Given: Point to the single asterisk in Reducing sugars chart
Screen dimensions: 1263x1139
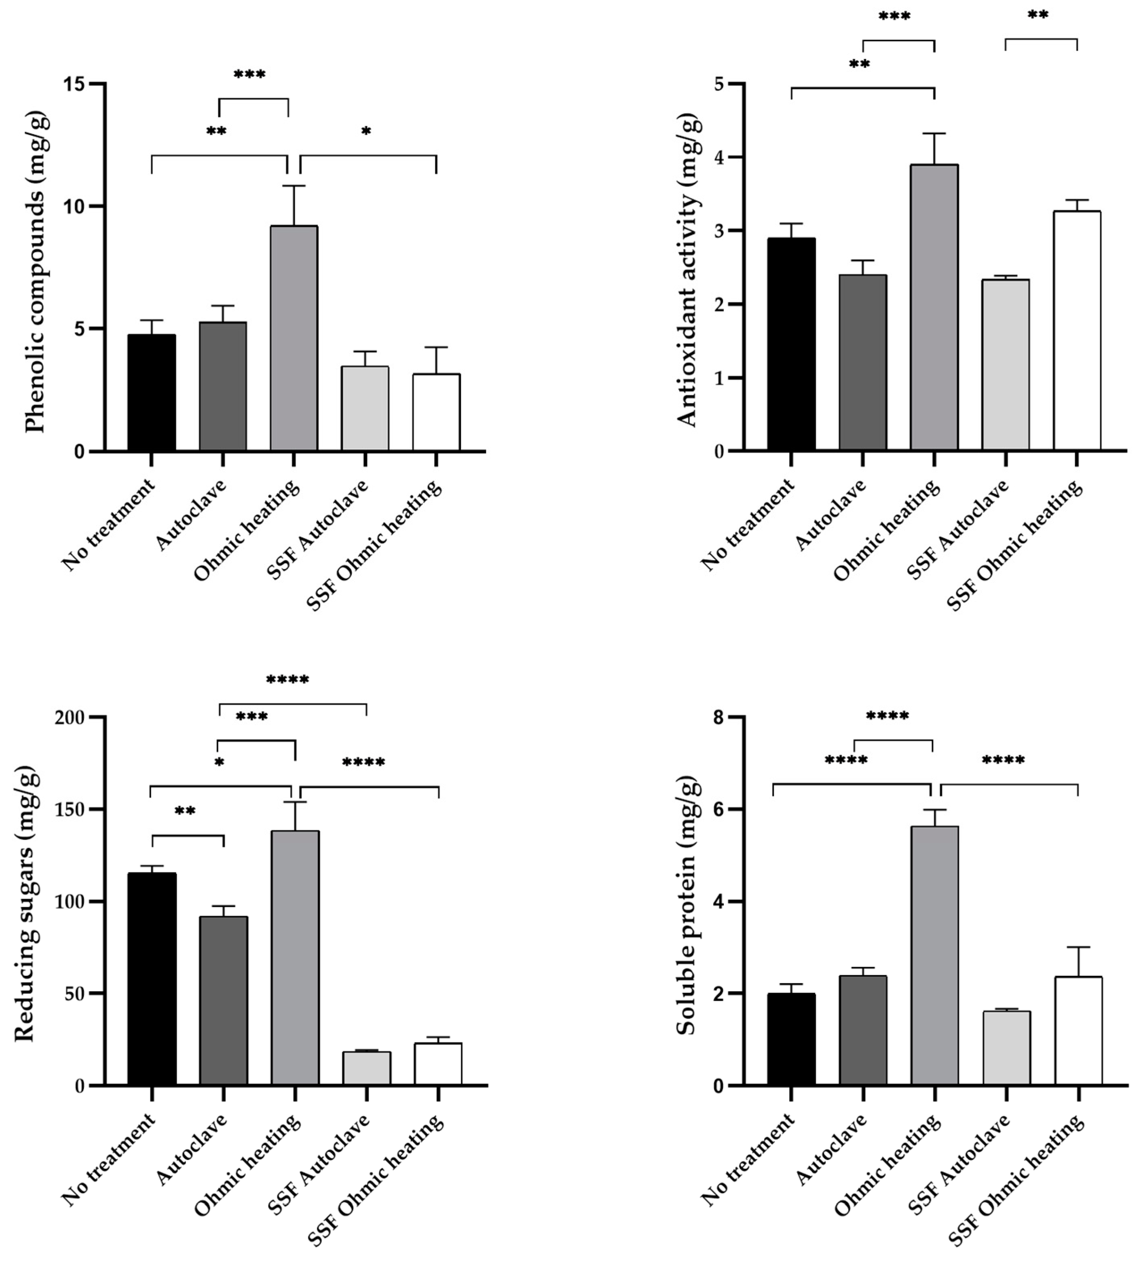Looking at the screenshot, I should (x=219, y=763).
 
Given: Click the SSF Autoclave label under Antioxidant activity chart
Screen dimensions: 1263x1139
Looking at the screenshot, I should (x=959, y=529).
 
